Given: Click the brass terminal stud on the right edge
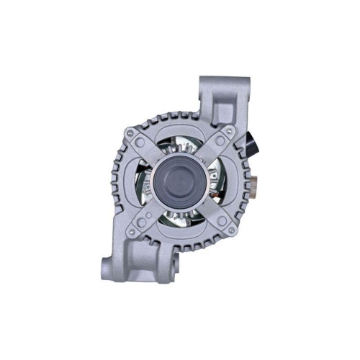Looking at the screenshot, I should click(x=257, y=176).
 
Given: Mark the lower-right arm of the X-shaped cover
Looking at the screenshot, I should click(x=212, y=213).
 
